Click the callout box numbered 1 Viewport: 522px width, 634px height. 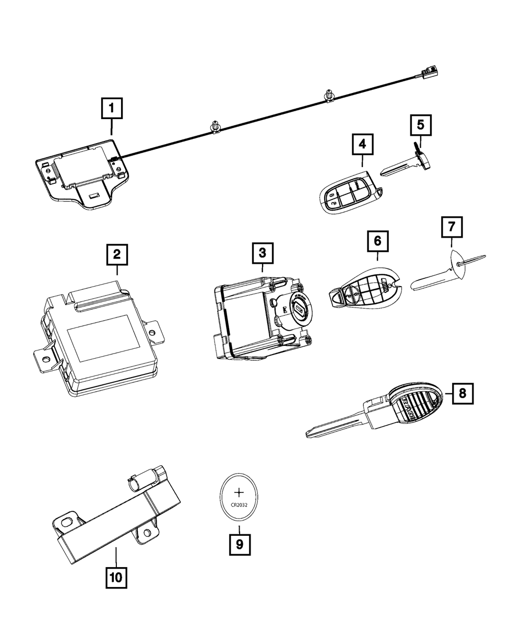[x=111, y=110]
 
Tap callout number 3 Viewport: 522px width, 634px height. [x=262, y=253]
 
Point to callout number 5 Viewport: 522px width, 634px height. [x=421, y=125]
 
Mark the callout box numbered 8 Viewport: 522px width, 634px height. [x=461, y=393]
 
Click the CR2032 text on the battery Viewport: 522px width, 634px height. [x=240, y=505]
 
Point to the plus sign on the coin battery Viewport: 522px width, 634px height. [x=240, y=492]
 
